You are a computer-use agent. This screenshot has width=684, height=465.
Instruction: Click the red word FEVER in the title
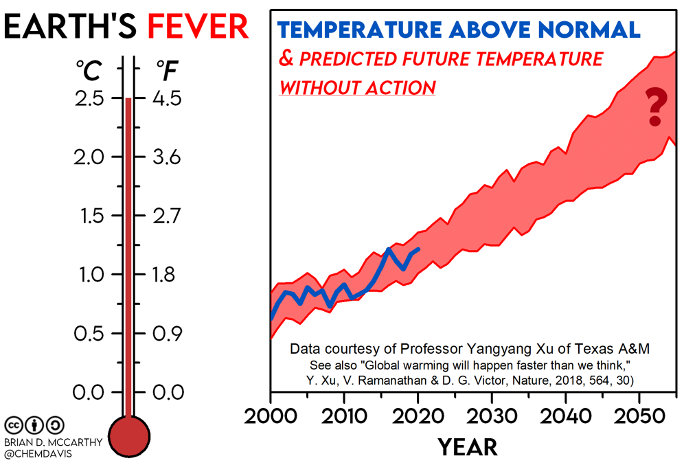click(198, 27)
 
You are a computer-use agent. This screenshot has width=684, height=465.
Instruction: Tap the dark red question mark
click(655, 107)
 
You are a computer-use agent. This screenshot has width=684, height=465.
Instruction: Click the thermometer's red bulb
click(128, 436)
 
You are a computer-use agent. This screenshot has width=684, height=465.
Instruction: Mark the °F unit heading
click(167, 69)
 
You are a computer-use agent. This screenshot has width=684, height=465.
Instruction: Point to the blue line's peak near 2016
click(389, 249)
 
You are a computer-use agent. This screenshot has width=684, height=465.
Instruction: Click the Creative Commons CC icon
click(13, 424)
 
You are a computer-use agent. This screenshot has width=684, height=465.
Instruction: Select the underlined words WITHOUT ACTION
click(357, 88)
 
